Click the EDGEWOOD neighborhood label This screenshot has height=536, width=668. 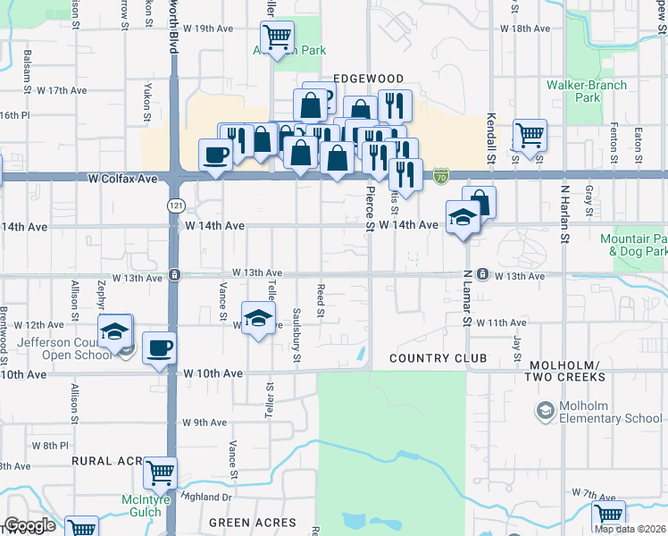[368, 79]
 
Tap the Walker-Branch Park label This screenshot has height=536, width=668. [587, 91]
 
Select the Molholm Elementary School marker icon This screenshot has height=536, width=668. [545, 411]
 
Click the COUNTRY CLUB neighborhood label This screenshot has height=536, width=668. [438, 358]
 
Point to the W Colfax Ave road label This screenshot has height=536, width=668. [123, 179]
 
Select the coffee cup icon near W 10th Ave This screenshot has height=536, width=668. [159, 348]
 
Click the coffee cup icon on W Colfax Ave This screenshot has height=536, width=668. [215, 155]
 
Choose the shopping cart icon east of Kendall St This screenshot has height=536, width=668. [530, 135]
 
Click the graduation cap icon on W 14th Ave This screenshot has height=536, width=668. [463, 217]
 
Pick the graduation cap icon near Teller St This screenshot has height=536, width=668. [257, 318]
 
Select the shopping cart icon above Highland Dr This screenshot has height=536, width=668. [160, 473]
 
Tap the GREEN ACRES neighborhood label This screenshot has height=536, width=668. [253, 523]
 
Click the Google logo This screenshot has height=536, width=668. [29, 525]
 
